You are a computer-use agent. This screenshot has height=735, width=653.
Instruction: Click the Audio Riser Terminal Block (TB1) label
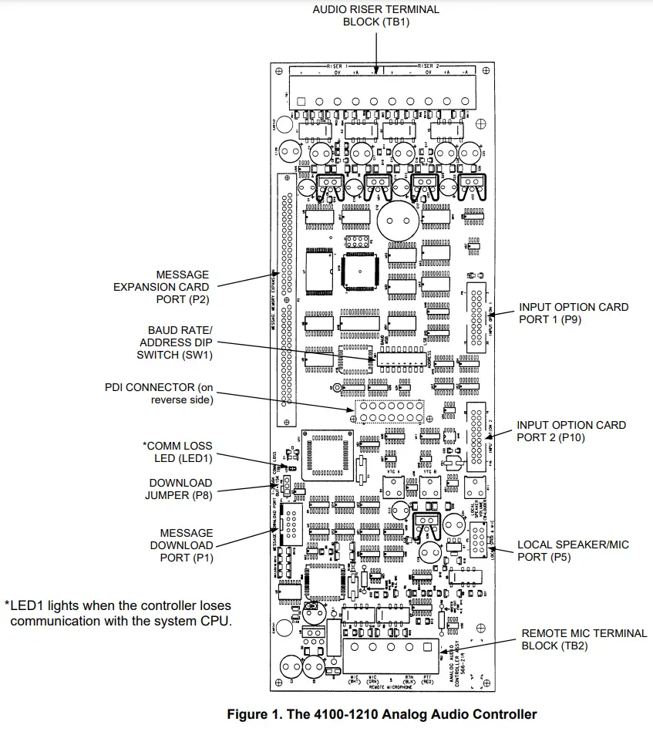click(x=375, y=15)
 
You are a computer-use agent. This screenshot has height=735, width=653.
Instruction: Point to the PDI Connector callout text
click(x=159, y=393)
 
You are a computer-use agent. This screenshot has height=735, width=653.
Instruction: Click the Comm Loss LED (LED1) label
click(x=177, y=452)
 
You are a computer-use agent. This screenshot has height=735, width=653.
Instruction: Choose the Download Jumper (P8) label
click(x=180, y=489)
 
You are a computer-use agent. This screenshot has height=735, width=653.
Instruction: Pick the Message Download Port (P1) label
click(x=187, y=545)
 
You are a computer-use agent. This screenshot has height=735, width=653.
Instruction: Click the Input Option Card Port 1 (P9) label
click(x=573, y=312)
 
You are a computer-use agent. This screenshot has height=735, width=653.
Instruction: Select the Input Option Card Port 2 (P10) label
click(x=571, y=430)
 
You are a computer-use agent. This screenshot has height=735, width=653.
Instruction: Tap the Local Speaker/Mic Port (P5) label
click(x=573, y=551)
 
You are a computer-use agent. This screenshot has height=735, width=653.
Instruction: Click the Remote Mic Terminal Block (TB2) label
click(x=584, y=639)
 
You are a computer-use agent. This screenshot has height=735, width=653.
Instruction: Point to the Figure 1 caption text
click(x=382, y=714)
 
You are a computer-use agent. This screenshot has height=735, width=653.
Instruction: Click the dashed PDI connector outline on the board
click(x=389, y=411)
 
